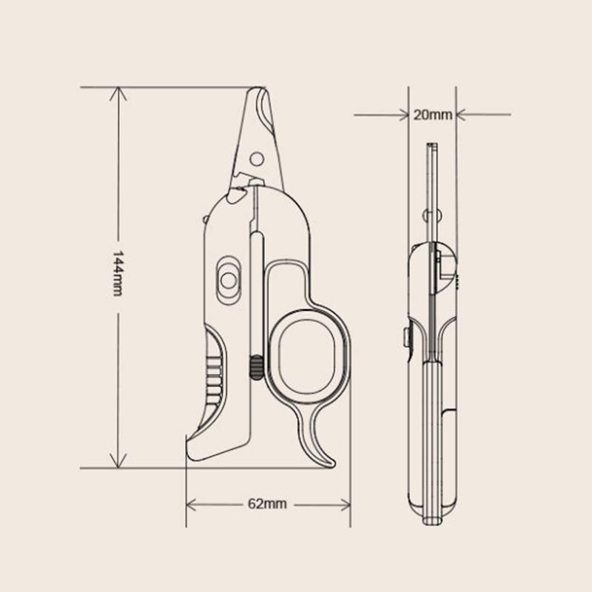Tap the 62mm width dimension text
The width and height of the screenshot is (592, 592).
[x=267, y=504]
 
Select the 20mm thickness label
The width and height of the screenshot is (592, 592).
[x=432, y=115]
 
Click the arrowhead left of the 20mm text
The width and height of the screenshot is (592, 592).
[x=405, y=115]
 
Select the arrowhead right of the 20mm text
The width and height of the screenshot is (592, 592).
[x=461, y=115]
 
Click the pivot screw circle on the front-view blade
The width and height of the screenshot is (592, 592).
[x=256, y=158]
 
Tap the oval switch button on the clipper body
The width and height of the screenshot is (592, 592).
[x=228, y=279]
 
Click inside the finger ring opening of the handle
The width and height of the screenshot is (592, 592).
[x=305, y=347]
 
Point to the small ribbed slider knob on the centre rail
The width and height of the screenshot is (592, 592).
[x=256, y=367]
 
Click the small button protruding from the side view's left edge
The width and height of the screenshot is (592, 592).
[x=406, y=337]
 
